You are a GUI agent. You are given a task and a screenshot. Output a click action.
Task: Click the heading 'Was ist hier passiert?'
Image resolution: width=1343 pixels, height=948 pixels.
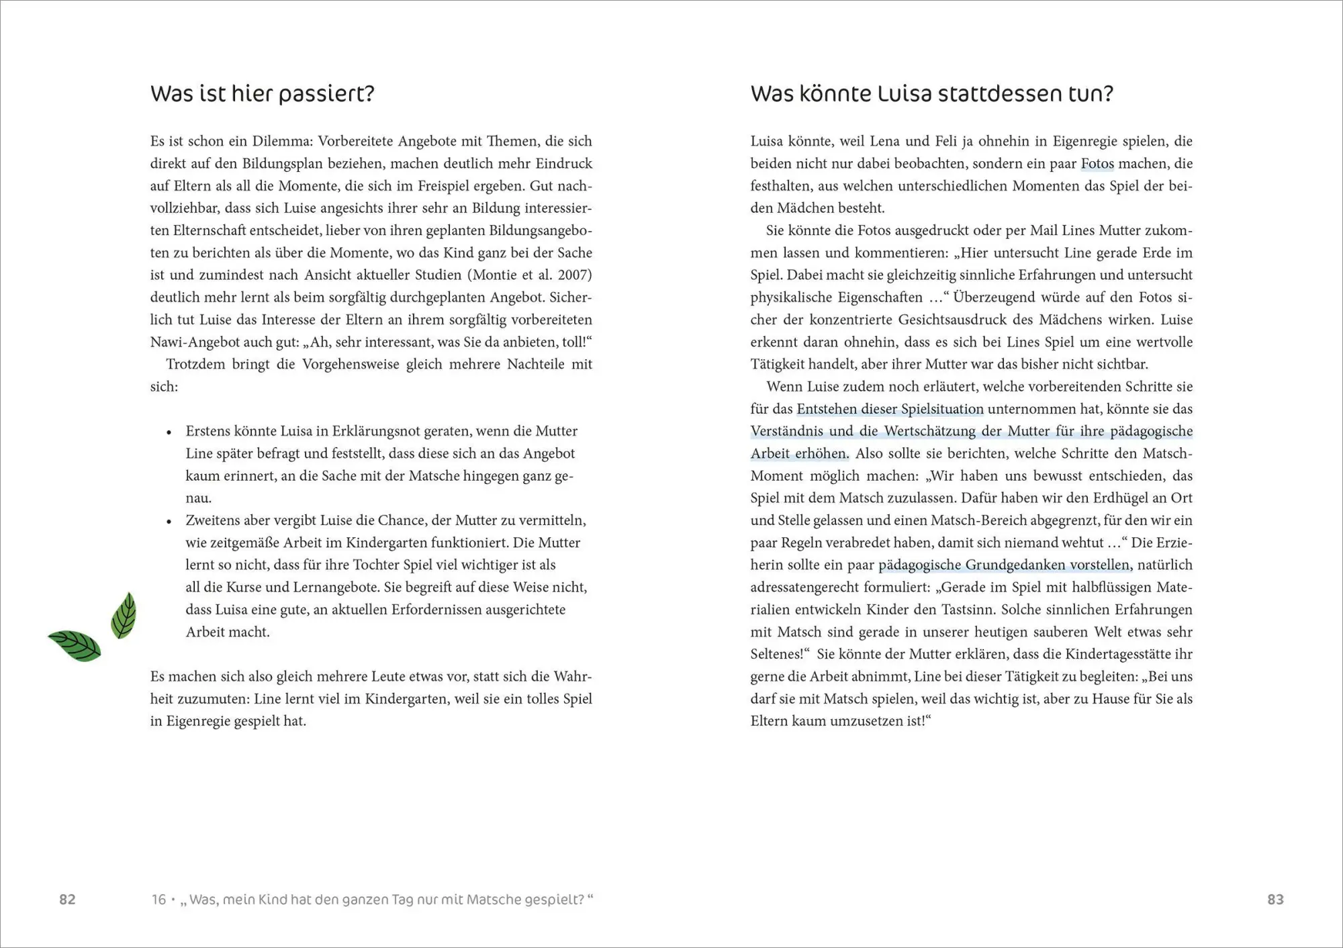[262, 94]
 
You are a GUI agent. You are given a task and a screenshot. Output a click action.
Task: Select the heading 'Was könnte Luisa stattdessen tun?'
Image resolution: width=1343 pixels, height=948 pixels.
[931, 94]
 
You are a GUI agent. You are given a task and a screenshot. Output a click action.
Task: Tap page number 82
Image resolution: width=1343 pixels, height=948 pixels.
[67, 900]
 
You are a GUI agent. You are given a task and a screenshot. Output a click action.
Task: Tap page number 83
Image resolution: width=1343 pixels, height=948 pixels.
[1275, 900]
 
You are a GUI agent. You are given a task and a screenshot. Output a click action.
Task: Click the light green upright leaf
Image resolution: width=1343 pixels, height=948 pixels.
[124, 615]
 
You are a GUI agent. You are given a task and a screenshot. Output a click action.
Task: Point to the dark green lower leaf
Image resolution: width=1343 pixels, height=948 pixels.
[75, 646]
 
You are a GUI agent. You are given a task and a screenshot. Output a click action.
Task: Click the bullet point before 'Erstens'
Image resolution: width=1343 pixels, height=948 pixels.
[169, 432]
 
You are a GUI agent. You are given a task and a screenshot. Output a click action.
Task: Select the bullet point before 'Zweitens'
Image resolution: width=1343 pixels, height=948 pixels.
[169, 522]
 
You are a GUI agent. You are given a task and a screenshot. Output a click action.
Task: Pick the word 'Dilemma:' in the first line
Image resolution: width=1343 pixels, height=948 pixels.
[282, 142]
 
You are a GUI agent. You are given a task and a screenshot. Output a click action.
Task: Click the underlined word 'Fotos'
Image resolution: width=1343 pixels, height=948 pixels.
[1097, 164]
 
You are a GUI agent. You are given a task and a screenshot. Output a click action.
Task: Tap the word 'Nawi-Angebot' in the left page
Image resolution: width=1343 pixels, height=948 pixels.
[195, 342]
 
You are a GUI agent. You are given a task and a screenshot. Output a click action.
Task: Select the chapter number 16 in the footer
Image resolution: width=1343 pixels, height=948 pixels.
[158, 900]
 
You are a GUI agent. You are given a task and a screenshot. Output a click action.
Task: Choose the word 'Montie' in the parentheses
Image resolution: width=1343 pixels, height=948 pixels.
[496, 275]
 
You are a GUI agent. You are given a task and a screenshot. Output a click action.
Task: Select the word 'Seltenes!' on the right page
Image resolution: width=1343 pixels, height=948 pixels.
[777, 654]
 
